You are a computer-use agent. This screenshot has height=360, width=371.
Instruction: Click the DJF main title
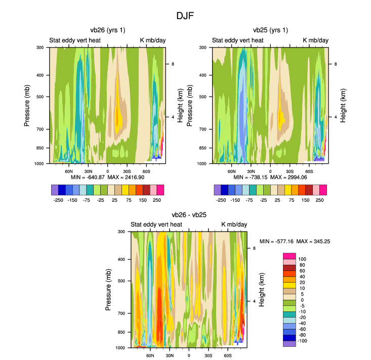185,16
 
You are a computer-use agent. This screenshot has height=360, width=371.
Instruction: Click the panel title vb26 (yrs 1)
107,30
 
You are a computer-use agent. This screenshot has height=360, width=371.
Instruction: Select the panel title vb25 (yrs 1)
270,30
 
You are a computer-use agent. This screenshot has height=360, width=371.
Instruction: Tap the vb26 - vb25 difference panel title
189,215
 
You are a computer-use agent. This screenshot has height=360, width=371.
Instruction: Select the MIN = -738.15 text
250,178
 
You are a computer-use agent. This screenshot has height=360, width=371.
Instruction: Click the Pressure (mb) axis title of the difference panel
110,290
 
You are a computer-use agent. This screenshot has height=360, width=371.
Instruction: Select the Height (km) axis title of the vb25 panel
343,106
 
